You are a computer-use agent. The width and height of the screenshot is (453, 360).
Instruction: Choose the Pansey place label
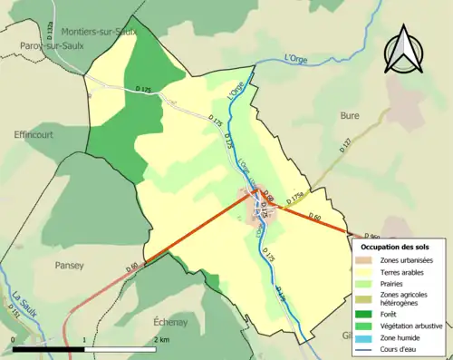point(69,266)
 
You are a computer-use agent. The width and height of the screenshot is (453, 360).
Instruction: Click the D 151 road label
point(14,311)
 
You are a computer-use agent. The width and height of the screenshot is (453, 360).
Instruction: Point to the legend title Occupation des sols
point(395,247)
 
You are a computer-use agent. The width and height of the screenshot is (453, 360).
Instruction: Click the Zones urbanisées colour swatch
point(369,261)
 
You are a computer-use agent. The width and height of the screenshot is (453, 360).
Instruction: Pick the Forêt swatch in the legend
point(369,313)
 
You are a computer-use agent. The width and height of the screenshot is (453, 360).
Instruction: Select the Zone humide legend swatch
point(369,338)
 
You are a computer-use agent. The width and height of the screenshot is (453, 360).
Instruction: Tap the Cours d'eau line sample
point(369,351)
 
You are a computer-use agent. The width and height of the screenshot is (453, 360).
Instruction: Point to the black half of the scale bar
point(48,348)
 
